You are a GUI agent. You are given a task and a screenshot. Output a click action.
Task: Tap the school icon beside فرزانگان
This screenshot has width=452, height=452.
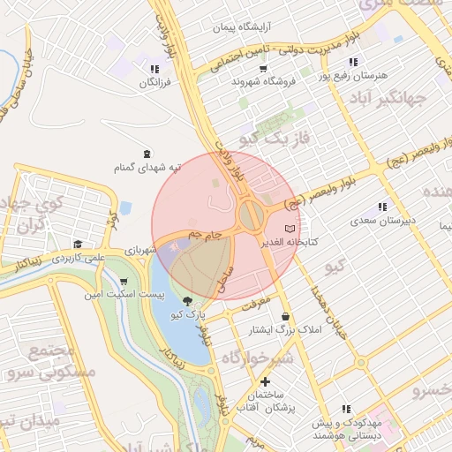[x=154, y=69]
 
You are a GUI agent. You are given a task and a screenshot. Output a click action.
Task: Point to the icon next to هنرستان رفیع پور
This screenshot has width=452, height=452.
[x=353, y=62]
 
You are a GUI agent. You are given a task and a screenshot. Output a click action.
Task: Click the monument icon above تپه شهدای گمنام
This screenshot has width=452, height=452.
[x=146, y=154]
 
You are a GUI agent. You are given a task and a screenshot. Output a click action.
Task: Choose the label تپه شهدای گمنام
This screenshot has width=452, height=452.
[x=146, y=167]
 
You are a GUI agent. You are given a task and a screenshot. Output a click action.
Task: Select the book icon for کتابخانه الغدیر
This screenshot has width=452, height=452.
[x=291, y=228]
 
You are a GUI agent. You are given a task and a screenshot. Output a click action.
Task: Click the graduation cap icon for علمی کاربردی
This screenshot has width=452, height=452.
[x=78, y=245]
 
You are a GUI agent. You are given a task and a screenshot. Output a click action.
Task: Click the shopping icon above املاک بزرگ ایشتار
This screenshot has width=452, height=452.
[x=284, y=316]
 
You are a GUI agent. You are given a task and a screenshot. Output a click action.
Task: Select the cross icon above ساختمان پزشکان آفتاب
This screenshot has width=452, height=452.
[x=265, y=381]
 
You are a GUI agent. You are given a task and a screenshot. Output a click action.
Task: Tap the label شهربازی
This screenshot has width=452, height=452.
[x=139, y=250]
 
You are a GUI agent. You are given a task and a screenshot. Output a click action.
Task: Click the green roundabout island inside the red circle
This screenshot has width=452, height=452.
[x=251, y=213]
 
